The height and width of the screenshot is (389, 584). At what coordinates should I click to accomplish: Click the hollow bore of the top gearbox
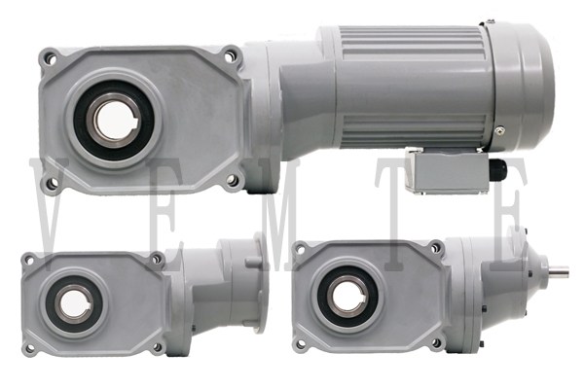point(113,121)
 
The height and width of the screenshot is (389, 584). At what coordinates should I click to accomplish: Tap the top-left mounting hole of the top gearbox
point(50,58)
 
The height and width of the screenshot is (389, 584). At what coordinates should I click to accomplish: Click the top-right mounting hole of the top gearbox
point(230,55)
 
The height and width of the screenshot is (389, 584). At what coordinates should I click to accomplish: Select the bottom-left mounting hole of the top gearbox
point(53,183)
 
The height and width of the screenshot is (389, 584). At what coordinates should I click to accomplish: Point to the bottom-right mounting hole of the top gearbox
point(232,180)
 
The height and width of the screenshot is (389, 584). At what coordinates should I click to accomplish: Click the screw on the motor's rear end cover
point(499,130)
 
